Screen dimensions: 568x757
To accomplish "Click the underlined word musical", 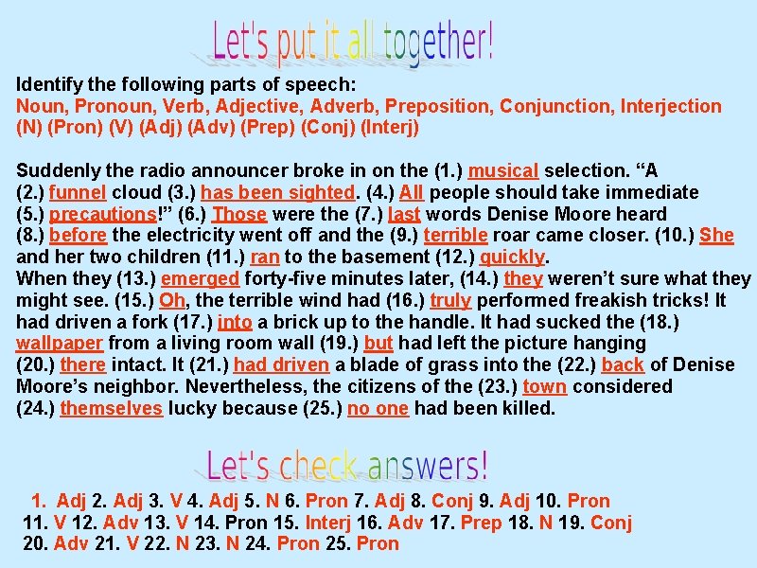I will coord(503,171).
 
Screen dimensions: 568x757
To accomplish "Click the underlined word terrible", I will coord(455,236).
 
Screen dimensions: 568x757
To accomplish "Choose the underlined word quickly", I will coord(513,257).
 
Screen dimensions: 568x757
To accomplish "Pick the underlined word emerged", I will coord(201,279).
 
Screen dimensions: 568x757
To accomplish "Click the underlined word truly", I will coord(450,301).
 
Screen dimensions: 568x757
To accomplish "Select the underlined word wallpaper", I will coord(59,344).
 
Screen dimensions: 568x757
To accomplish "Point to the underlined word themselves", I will coord(112,409).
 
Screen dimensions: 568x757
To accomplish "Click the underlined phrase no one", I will coord(378,409).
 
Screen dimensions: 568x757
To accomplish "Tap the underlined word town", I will coord(544,387).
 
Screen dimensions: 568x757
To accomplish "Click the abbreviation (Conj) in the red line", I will coord(327,127).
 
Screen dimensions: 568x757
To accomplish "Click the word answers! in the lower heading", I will coord(428,466).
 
